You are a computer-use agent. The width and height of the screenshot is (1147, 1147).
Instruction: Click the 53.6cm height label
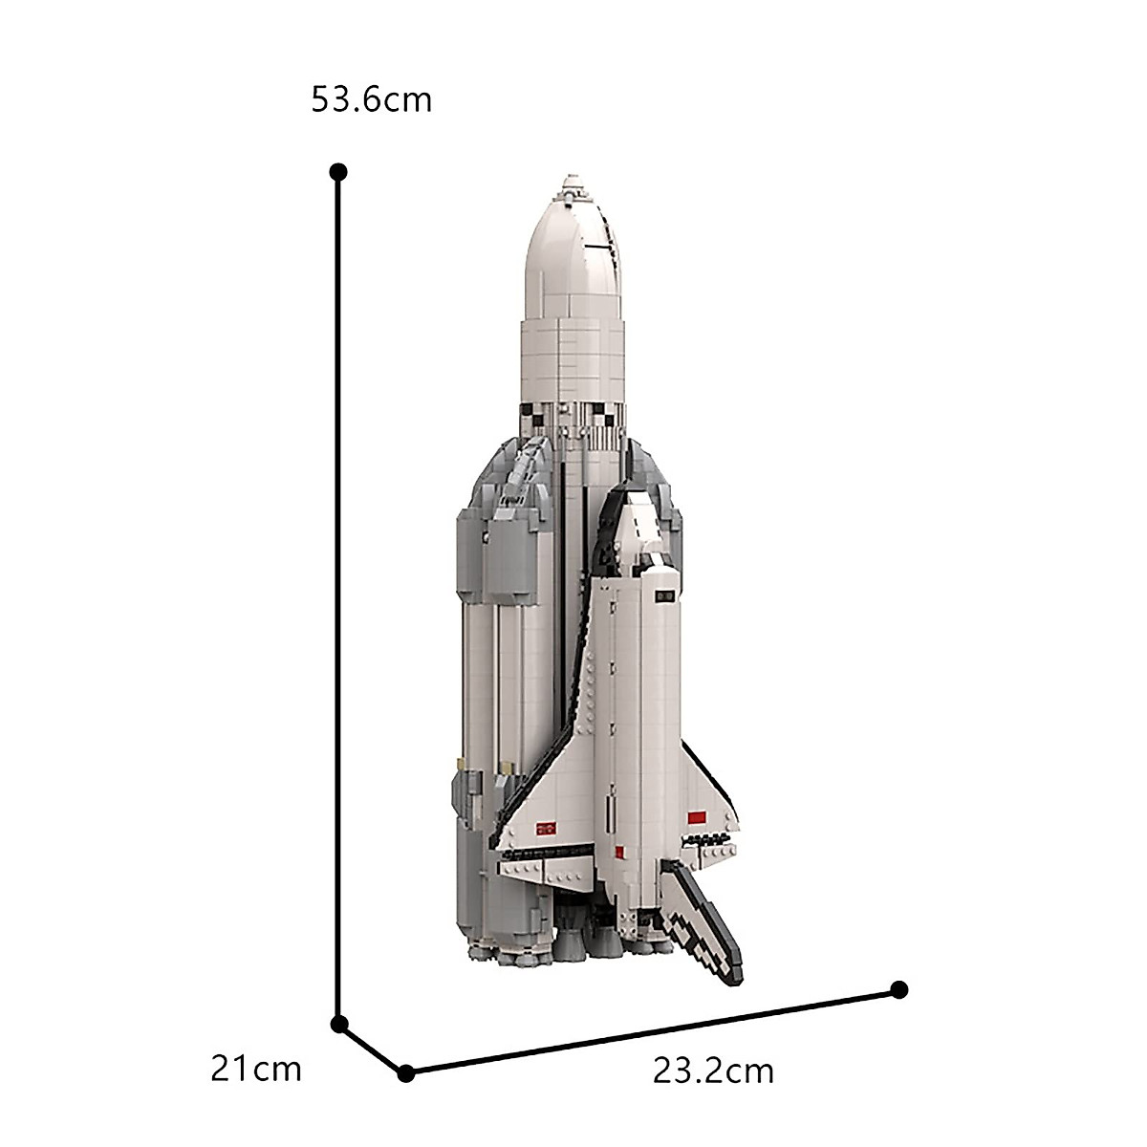pos(372,99)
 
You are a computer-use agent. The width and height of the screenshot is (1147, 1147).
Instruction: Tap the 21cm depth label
pos(256,1041)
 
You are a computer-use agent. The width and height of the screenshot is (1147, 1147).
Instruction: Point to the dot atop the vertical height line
pos(337,172)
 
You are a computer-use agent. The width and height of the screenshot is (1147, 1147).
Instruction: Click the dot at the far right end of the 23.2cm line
pos(898,988)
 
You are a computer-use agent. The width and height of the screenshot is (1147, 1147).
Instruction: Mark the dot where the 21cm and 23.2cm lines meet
pos(406,1073)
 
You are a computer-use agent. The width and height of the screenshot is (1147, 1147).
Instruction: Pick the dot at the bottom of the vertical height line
pos(338,1024)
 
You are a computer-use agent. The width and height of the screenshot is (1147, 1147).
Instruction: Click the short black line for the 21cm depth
pos(372,1049)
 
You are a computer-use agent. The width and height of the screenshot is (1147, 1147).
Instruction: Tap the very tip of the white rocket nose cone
pos(571,178)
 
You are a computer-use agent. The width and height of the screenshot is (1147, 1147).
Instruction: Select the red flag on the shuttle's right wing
pos(695,817)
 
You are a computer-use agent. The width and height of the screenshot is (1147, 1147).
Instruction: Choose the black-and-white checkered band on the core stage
pos(573,415)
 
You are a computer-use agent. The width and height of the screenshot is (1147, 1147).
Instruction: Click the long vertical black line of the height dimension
pos(338,593)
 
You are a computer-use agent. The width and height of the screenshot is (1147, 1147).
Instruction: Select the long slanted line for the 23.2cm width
pos(650,1031)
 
